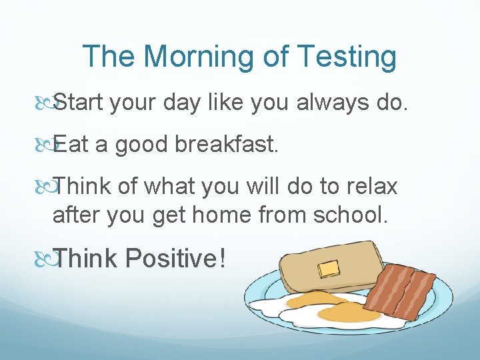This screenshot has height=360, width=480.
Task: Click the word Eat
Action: (x=70, y=144)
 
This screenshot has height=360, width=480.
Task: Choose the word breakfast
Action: (x=231, y=144)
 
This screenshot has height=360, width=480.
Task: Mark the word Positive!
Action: (x=173, y=259)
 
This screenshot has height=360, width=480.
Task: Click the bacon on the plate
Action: (x=407, y=290)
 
